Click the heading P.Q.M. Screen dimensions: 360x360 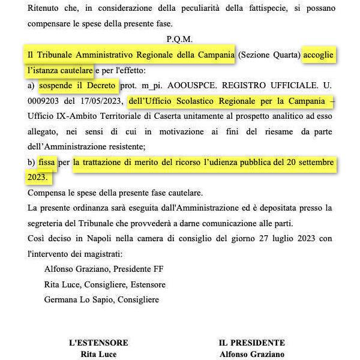click(x=180, y=40)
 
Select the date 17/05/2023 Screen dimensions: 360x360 click(x=97, y=101)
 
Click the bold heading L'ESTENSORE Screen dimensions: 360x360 click(x=98, y=343)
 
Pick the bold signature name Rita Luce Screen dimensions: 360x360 click(x=98, y=354)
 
